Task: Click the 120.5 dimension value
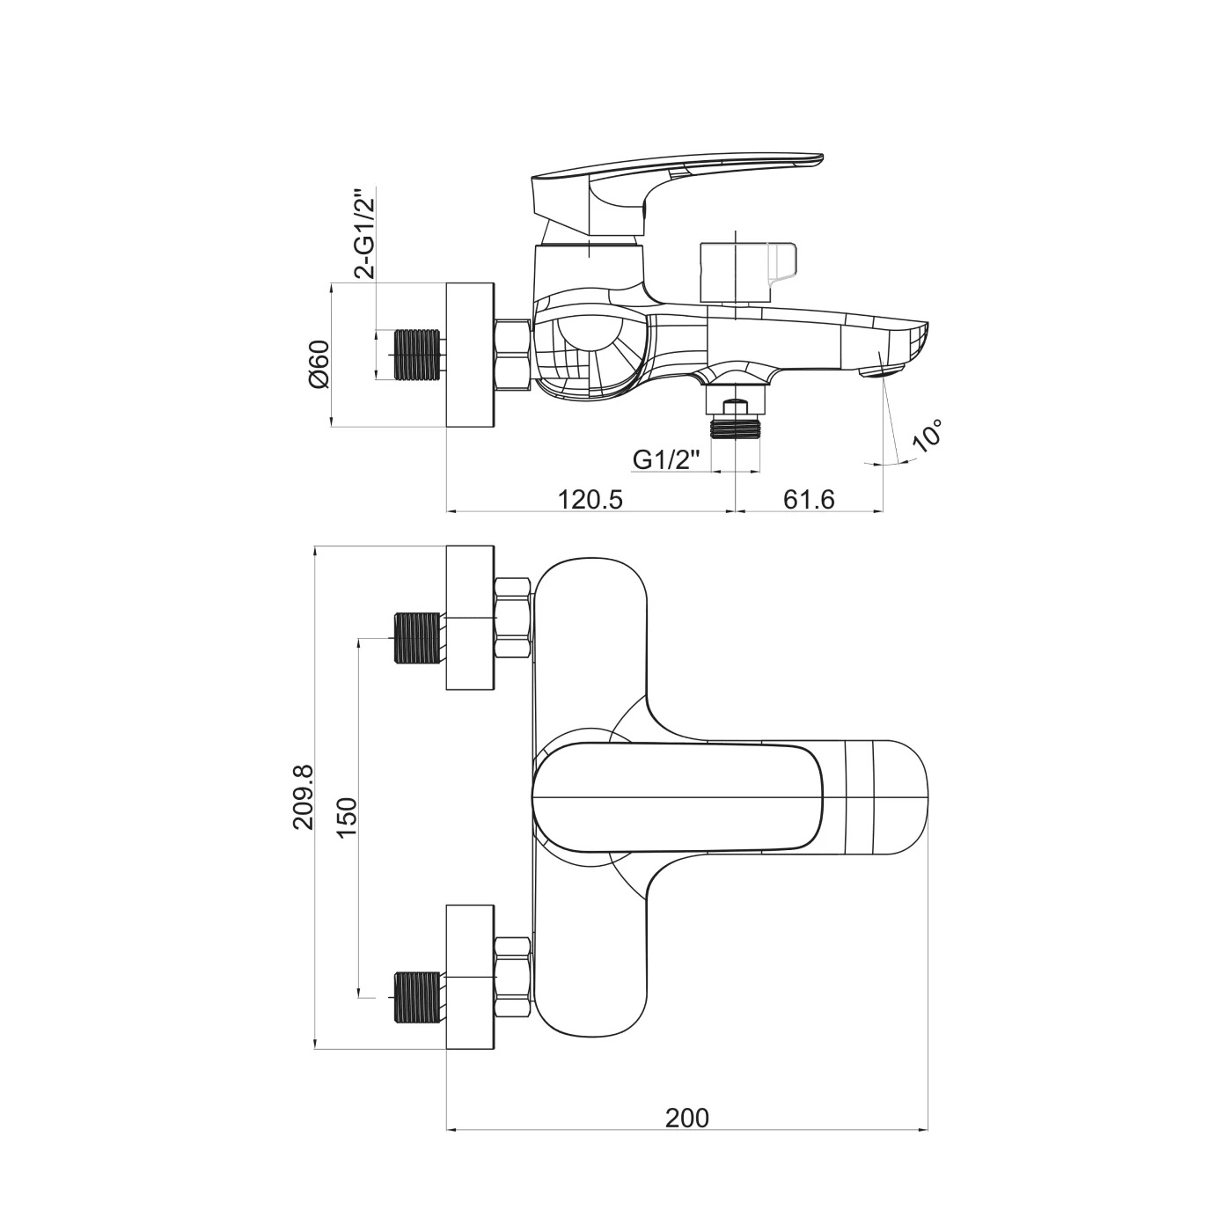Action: point(590,499)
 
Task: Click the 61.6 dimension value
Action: point(809,499)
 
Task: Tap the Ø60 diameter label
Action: point(319,363)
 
